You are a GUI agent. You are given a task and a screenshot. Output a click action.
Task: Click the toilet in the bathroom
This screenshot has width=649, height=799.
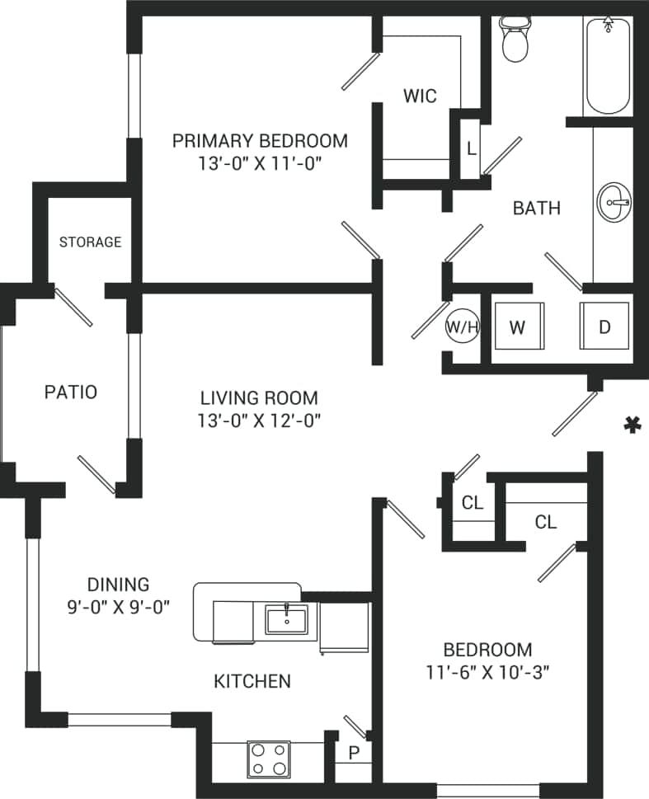[515, 41]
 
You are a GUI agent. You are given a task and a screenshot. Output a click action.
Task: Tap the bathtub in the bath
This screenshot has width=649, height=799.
[609, 66]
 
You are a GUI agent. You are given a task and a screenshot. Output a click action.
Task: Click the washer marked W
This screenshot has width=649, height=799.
[517, 327]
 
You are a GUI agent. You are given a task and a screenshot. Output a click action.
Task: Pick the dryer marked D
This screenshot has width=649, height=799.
[604, 327]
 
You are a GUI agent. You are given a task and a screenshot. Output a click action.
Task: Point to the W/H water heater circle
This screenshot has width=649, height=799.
[463, 327]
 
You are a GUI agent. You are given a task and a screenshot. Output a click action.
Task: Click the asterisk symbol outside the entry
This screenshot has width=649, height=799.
[632, 425]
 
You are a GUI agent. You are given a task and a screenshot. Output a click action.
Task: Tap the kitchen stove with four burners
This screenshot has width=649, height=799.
[268, 759]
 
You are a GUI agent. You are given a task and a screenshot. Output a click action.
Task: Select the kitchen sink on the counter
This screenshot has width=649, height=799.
[286, 618]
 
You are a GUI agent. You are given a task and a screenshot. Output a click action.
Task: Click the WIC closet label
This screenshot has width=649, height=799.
[420, 95]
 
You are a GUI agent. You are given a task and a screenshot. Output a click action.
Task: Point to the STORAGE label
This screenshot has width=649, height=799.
[90, 242]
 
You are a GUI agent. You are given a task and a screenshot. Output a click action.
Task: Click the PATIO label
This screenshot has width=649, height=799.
[70, 392]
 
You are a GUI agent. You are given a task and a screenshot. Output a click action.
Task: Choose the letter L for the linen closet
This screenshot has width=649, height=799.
[470, 149]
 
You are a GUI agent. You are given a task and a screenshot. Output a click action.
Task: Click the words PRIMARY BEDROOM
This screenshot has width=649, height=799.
[260, 140]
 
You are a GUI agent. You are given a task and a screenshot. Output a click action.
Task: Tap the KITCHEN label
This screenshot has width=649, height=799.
[252, 681]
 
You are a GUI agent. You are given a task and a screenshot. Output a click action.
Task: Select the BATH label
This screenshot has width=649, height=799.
[536, 208]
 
